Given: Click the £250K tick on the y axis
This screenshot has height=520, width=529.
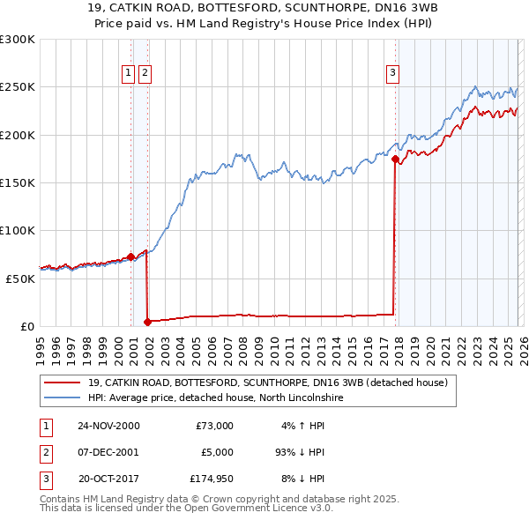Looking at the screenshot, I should click(x=18, y=87).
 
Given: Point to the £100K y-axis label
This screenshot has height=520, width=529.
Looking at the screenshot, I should click(x=18, y=230).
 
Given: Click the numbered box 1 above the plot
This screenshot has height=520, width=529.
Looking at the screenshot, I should click(x=129, y=73).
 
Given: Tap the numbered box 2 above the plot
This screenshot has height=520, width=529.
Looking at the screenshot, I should click(x=145, y=73).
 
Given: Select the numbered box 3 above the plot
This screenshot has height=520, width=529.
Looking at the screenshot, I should click(x=392, y=73).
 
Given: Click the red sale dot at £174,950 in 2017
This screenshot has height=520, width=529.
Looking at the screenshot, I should click(x=395, y=160).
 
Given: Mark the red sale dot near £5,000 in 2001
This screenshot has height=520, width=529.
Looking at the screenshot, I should click(x=148, y=322).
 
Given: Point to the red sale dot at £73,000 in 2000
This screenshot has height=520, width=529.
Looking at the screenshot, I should click(x=131, y=256).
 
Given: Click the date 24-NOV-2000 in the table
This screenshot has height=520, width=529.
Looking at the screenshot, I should click(x=108, y=426).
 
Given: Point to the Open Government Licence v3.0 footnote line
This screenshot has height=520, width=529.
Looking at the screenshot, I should click(x=186, y=509).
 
